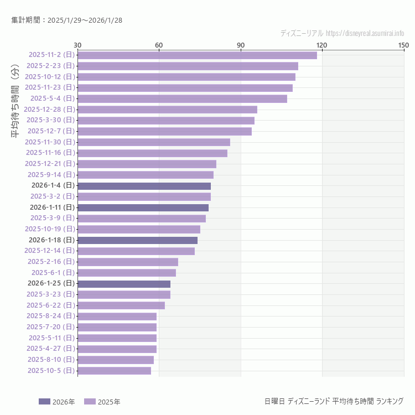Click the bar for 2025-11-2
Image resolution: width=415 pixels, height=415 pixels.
tap(197, 55)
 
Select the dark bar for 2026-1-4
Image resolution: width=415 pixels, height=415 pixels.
tap(144, 186)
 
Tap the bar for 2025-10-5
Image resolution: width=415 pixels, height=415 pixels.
tap(114, 371)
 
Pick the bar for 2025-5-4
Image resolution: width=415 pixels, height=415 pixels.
tap(182, 98)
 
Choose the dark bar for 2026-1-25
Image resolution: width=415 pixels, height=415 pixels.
tap(124, 284)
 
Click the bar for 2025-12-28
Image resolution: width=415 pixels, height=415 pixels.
tap(167, 110)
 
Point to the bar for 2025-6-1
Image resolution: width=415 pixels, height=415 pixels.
tap(127, 273)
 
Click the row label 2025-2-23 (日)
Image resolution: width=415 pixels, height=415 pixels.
tap(50, 66)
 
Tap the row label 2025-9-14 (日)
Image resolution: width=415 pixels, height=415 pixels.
tap(50, 175)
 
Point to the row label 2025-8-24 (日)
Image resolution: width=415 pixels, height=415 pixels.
tap(50, 316)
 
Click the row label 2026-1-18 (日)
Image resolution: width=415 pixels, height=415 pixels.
tap(51, 240)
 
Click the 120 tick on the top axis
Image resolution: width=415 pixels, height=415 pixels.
tap(321, 45)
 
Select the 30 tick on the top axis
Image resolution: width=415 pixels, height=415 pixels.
tap(77, 45)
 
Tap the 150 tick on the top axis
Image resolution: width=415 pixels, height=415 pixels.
tap(403, 45)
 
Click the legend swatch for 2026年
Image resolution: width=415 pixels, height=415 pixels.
tap(44, 402)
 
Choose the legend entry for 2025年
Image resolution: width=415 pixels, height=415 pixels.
tap(102, 402)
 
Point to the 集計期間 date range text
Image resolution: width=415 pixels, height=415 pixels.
tap(66, 20)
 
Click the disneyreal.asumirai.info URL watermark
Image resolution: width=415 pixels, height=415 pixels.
tap(365, 33)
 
